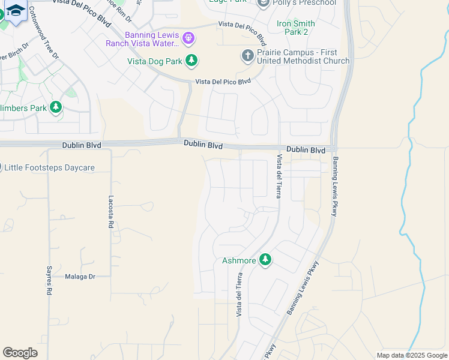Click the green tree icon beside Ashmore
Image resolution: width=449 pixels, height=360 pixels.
pyautogui.click(x=265, y=260)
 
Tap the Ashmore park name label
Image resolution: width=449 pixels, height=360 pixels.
pyautogui.click(x=239, y=260)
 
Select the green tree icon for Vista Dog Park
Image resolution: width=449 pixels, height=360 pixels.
pyautogui.click(x=191, y=60)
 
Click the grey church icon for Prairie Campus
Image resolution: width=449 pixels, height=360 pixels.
pyautogui.click(x=247, y=56)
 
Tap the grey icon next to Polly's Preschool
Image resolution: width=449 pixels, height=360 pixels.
pyautogui.click(x=263, y=4)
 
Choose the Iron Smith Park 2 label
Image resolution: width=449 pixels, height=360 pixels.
pyautogui.click(x=295, y=28)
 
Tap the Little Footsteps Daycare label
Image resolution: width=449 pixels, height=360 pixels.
pyautogui.click(x=49, y=167)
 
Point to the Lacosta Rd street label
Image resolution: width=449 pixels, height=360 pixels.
pyautogui.click(x=110, y=212)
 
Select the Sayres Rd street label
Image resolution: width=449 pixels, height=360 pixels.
pyautogui.click(x=49, y=280)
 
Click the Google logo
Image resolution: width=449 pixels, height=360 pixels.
pyautogui.click(x=20, y=353)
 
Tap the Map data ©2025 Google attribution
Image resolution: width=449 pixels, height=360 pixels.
pyautogui.click(x=411, y=355)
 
